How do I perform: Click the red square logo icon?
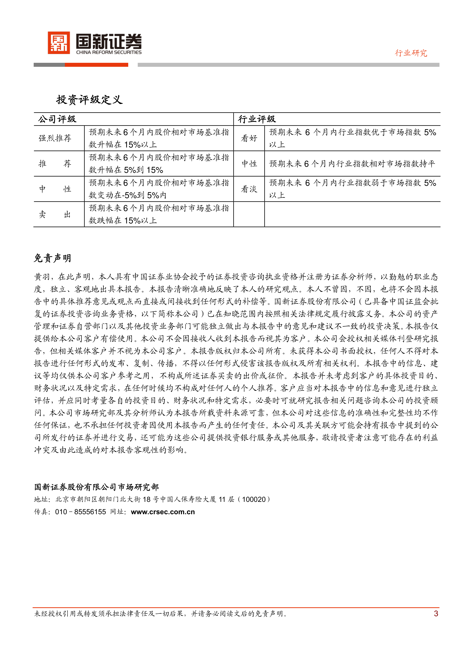(59, 43)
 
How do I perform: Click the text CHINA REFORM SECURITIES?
(109, 52)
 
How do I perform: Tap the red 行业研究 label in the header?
(411, 53)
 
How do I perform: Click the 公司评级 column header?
(57, 119)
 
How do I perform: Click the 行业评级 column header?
(257, 119)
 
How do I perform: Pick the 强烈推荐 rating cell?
(55, 138)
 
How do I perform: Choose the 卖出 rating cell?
(55, 214)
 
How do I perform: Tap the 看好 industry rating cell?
(249, 138)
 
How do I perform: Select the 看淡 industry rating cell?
(249, 189)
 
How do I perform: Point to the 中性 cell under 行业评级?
(249, 164)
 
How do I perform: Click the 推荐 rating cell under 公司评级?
(55, 164)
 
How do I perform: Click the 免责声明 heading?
(52, 258)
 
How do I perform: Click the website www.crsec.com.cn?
(163, 512)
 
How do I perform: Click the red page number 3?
(436, 614)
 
